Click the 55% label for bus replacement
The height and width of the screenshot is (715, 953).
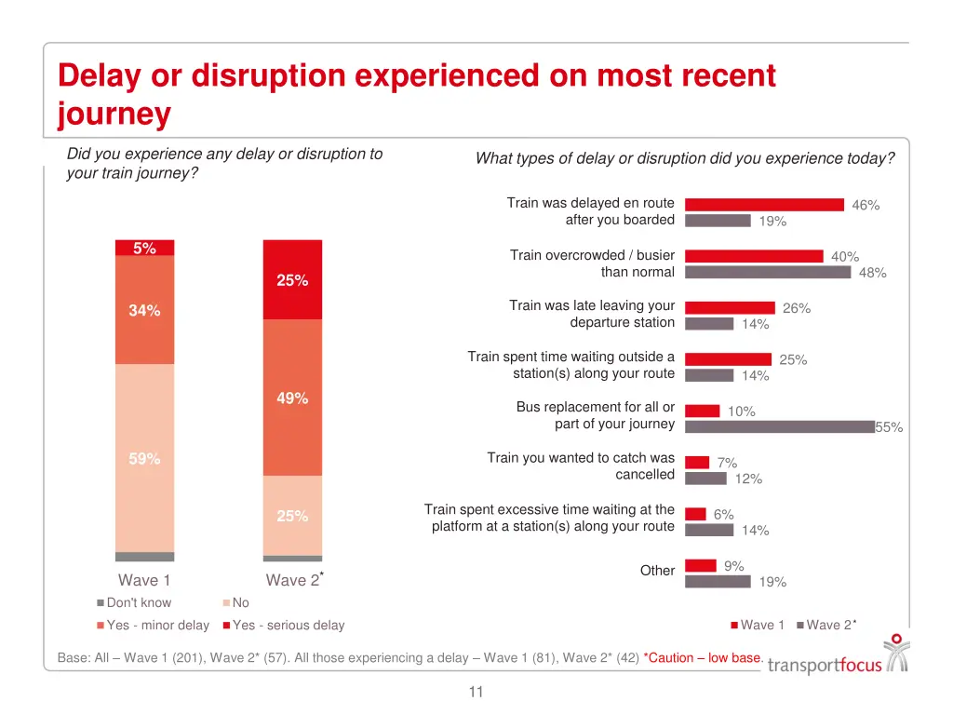889,427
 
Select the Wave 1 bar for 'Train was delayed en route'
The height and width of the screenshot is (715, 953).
764,205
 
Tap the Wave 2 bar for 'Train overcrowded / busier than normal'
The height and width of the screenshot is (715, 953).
768,272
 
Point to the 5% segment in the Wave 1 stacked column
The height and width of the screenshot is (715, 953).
144,248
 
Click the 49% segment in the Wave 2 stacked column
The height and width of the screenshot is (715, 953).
292,398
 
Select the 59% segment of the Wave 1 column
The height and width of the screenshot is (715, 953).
144,458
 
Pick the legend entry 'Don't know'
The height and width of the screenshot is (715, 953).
138,602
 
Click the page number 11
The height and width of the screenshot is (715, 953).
476,692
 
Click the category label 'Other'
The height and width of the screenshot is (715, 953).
657,571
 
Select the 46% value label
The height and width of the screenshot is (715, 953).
866,206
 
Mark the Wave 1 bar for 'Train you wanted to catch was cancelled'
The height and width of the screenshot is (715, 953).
697,463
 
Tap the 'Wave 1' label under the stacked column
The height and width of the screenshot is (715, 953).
144,581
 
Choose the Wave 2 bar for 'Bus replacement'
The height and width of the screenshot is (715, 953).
780,426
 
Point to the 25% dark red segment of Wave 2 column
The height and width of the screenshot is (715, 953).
292,280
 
